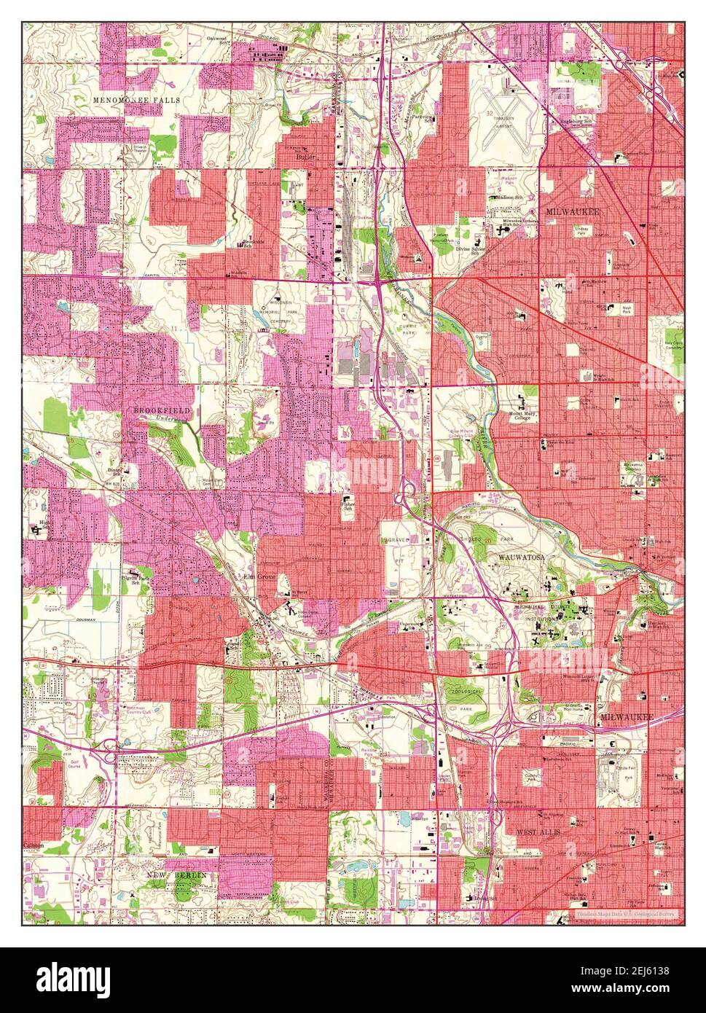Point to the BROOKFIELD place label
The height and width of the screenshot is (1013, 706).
(x=161, y=411)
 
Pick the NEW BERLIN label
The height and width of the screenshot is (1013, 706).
(x=176, y=874)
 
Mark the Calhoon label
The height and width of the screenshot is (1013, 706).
(x=34, y=845)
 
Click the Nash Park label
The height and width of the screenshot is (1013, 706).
(x=627, y=310)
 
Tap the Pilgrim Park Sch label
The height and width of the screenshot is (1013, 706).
(x=134, y=581)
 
